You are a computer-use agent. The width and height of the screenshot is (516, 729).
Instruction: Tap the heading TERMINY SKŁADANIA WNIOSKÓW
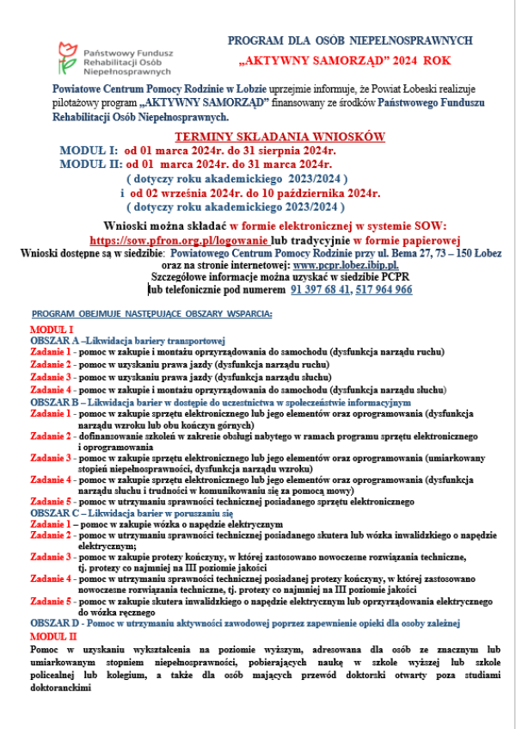(279, 138)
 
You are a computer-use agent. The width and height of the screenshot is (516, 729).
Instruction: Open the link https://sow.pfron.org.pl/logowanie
(179, 240)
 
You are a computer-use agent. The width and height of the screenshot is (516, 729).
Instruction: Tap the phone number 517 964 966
(382, 290)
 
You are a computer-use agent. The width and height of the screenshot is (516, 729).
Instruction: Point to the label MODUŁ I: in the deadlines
(88, 151)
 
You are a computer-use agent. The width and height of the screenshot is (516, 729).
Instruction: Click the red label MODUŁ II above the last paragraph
(53, 634)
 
